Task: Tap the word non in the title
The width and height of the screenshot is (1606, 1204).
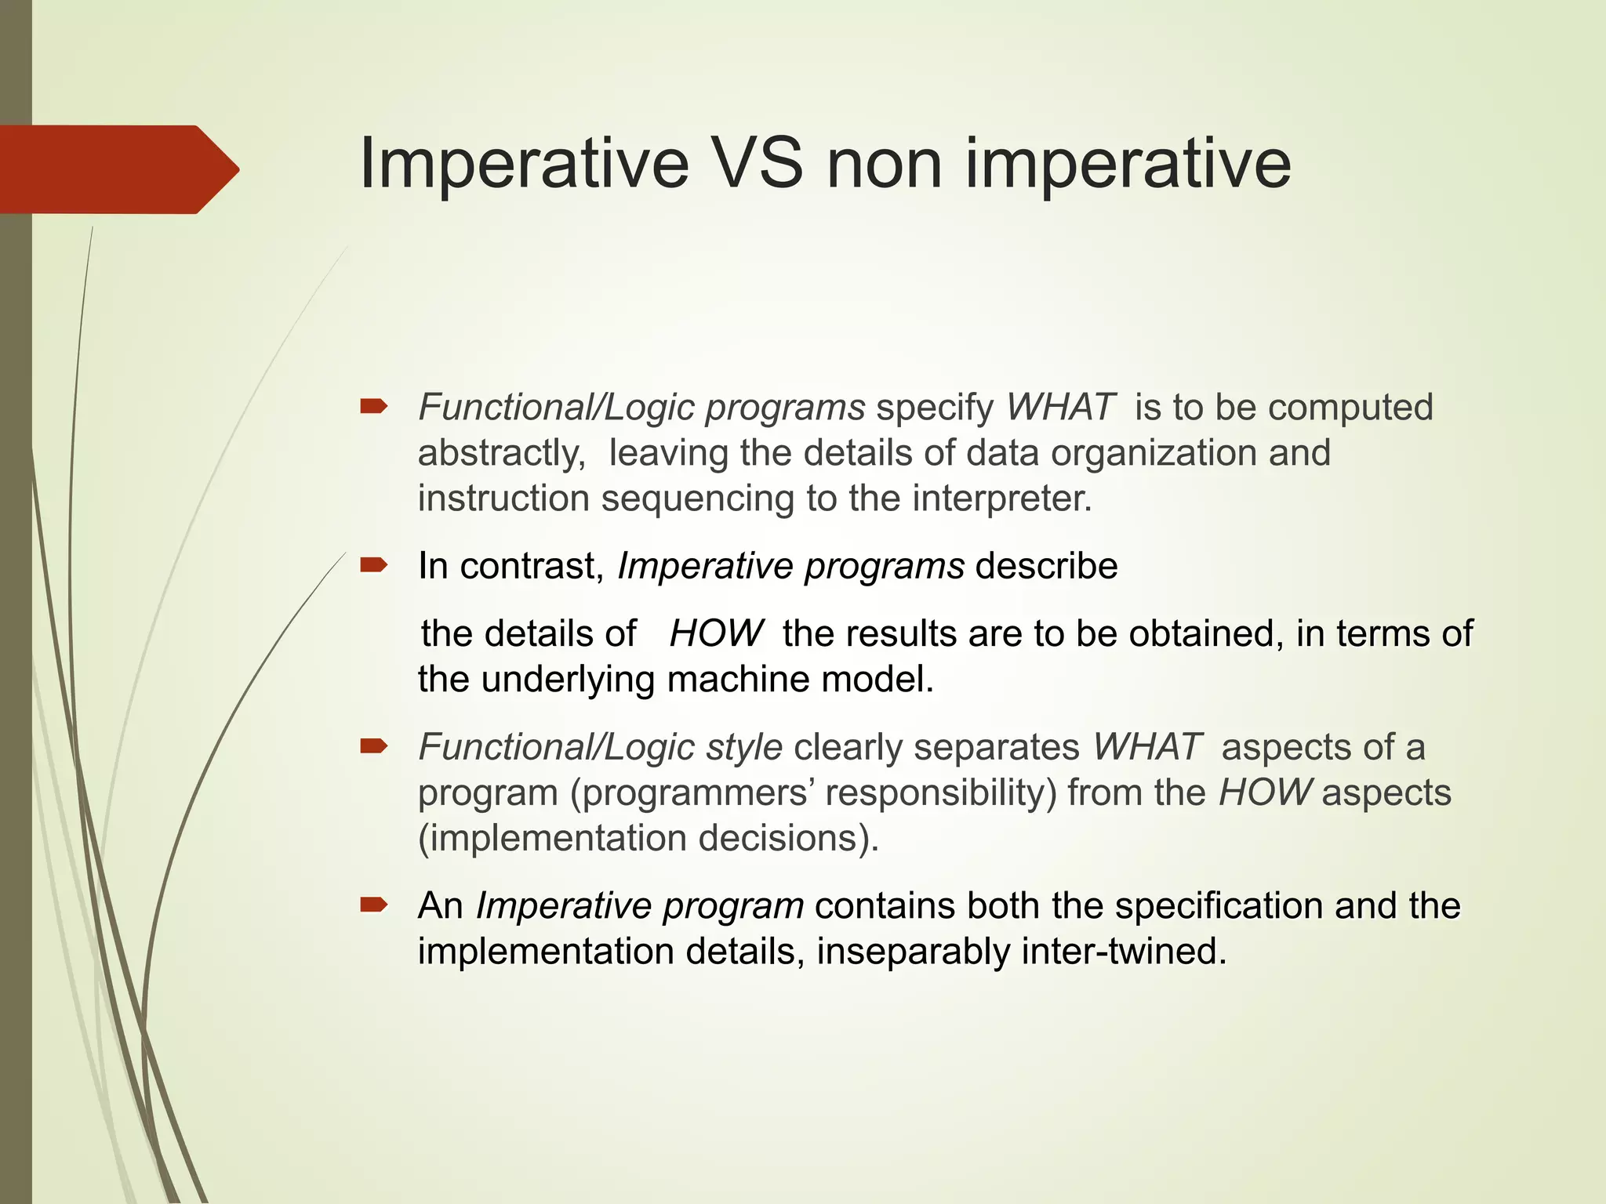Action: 884,163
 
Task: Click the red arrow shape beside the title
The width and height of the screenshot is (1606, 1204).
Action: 118,169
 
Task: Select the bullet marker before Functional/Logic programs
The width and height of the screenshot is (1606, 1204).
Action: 373,406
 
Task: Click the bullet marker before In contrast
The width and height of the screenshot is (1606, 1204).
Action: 373,565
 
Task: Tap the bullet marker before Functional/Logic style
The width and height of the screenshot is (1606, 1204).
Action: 373,745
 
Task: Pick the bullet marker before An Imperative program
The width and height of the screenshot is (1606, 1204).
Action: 373,905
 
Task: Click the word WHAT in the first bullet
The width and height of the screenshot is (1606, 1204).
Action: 1060,408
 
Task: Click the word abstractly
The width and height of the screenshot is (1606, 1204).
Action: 501,454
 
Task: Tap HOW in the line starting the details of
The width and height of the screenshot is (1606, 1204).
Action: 715,633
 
